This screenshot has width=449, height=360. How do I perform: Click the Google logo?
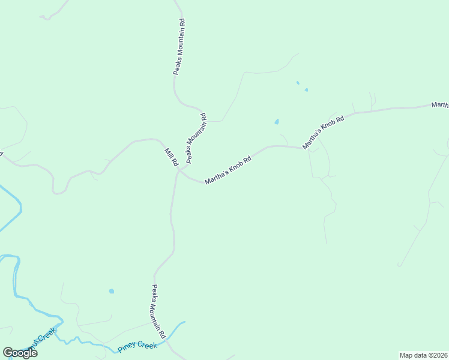[20, 353]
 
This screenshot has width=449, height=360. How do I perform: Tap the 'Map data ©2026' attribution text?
[423, 355]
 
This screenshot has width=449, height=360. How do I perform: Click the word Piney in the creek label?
[128, 348]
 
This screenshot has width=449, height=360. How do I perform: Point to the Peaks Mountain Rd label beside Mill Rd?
[196, 139]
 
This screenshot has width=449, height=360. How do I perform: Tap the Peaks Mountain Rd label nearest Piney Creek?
[158, 311]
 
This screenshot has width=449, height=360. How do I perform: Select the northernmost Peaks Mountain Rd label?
[178, 47]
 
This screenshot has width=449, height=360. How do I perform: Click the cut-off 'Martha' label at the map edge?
[439, 106]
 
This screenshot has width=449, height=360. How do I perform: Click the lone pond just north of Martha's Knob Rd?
[277, 122]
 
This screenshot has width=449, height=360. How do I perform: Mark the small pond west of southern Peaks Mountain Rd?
[111, 292]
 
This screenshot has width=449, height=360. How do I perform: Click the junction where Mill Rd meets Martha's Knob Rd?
[179, 172]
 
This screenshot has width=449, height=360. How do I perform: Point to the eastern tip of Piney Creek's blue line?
[184, 322]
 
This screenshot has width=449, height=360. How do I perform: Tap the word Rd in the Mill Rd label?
[175, 162]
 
